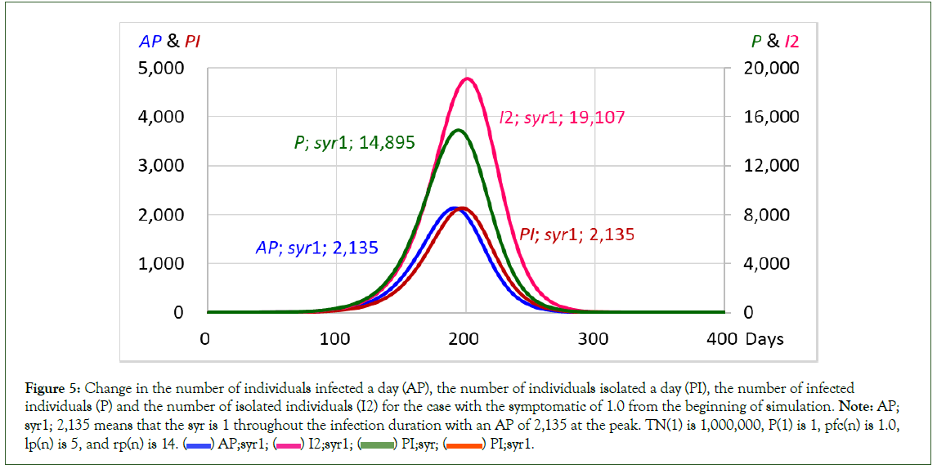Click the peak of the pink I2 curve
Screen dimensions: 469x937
[x=467, y=79]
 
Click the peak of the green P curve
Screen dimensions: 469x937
[x=459, y=131]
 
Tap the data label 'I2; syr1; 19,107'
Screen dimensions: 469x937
[x=562, y=118]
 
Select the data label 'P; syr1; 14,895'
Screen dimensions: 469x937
[x=354, y=143]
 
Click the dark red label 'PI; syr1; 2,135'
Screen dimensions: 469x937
[x=576, y=235]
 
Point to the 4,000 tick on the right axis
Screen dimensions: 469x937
[x=765, y=264]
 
